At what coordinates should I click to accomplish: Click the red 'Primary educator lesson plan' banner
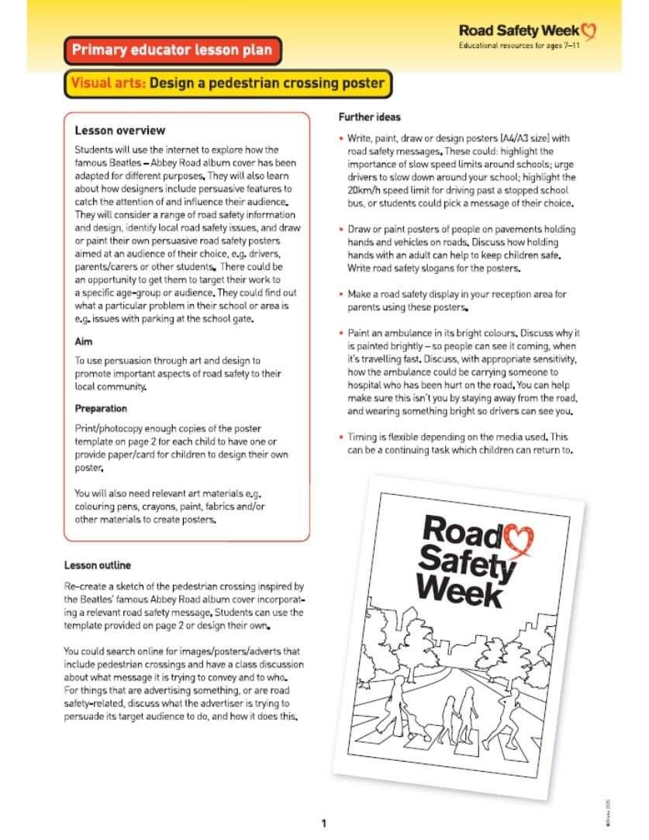coord(171,51)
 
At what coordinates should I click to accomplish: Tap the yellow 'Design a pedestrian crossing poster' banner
coord(226,83)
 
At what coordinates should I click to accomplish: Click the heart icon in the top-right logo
coord(590,31)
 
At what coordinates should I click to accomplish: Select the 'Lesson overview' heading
coord(119,130)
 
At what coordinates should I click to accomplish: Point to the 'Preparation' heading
coord(101,408)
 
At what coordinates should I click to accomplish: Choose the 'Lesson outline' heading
coord(97,565)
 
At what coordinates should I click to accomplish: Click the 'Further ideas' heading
coord(369,117)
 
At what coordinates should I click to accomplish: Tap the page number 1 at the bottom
coord(324,823)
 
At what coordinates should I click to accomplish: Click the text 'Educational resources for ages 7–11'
coord(519,47)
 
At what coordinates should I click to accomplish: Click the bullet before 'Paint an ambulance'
coord(341,333)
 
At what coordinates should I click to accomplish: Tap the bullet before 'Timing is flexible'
coord(341,437)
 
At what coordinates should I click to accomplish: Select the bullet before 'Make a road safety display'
coord(341,295)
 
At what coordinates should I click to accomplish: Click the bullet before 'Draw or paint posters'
coord(341,230)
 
